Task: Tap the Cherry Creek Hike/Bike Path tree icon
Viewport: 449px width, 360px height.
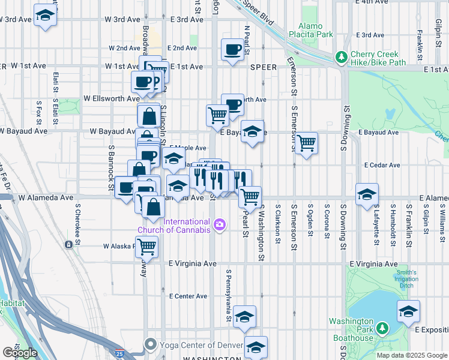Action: (342, 57)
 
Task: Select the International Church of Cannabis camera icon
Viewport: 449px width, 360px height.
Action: (220, 224)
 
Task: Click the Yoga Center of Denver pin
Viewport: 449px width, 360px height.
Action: (151, 344)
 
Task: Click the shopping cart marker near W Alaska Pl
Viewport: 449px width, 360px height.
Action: (146, 245)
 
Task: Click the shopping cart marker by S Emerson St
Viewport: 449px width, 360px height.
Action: (306, 143)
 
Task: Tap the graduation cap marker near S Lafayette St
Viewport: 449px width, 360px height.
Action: (367, 195)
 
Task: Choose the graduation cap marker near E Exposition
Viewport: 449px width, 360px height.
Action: (408, 312)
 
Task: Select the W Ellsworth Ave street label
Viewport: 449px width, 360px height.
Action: (112, 98)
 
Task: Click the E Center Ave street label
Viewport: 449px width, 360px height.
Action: (188, 296)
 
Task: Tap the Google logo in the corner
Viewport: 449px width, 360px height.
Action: (20, 353)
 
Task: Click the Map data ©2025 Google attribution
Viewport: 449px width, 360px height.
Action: (411, 355)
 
